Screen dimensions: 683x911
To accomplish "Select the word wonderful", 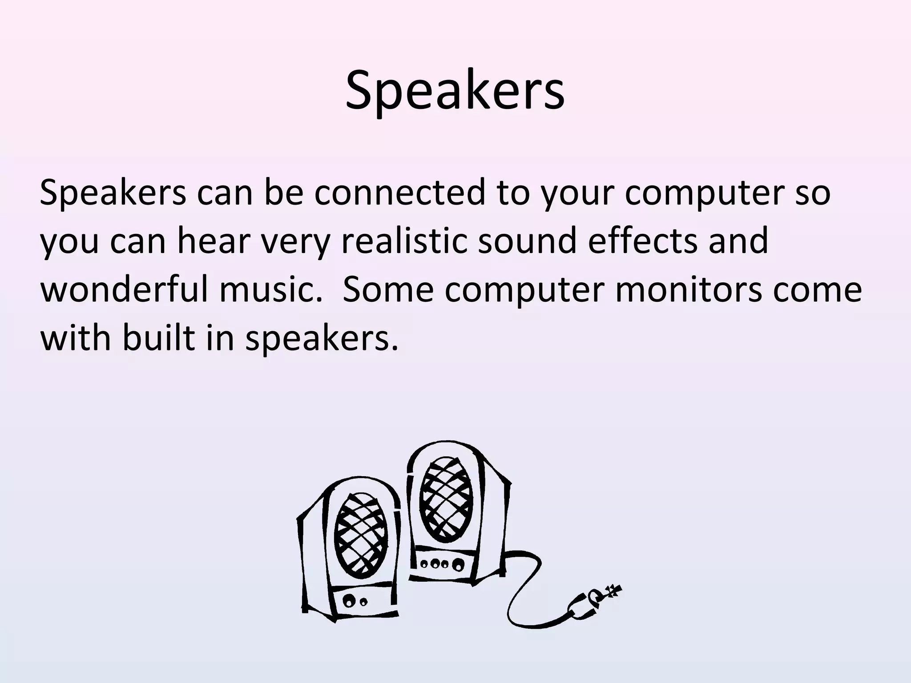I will (x=124, y=289).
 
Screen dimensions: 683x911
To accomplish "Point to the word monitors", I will (x=688, y=289).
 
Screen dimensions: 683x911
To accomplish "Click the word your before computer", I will (x=576, y=193).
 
